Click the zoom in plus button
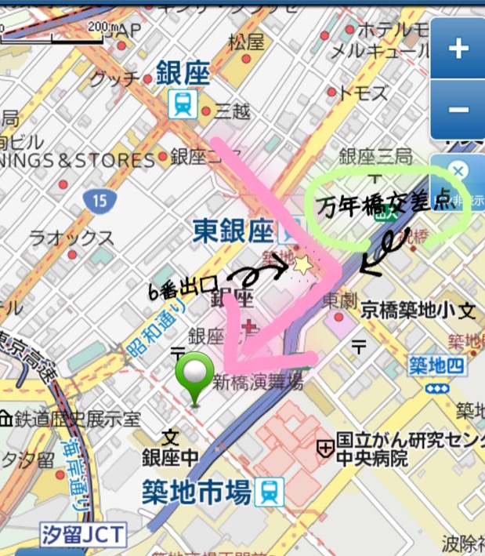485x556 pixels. pos(458,49)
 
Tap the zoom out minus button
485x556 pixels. pos(458,109)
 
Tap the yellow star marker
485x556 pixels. pos(302,266)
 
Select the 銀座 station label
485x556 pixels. pos(183,74)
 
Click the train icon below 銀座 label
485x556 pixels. pos(183,104)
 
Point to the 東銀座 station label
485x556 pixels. pos(233,231)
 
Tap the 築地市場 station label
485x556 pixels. pos(197,492)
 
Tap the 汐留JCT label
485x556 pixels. pos(83,536)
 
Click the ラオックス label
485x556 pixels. pos(71,237)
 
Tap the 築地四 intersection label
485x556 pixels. pos(436,364)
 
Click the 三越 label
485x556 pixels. pos(232,112)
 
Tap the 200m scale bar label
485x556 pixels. pos(101,26)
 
